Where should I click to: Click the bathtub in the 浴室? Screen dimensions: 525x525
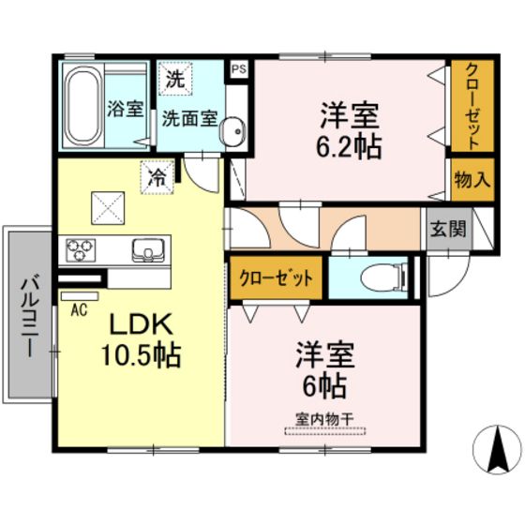(83, 104)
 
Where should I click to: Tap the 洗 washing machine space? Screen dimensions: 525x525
(175, 79)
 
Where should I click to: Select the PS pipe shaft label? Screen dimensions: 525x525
(239, 69)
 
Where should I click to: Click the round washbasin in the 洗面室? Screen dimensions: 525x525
(232, 131)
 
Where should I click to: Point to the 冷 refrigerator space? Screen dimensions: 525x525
(157, 177)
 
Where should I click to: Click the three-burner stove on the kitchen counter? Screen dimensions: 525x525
(81, 250)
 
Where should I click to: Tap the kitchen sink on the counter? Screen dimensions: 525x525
(148, 250)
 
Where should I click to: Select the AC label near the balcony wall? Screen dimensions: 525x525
(79, 309)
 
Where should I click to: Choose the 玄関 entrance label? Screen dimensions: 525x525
(448, 230)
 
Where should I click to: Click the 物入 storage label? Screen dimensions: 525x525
(472, 180)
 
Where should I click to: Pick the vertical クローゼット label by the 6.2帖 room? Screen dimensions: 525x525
(472, 106)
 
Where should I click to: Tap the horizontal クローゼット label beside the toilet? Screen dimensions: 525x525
(276, 278)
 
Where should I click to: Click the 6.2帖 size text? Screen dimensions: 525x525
(349, 147)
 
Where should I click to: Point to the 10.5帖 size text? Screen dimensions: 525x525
(141, 355)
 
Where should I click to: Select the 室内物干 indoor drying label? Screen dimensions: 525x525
(324, 419)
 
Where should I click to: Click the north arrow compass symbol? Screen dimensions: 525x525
(498, 449)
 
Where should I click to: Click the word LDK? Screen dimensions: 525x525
(142, 324)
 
